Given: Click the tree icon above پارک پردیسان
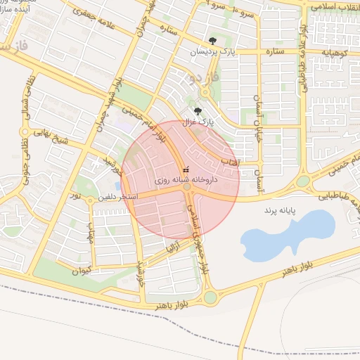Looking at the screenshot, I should point(213,41).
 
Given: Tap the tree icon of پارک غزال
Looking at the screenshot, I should point(198,110).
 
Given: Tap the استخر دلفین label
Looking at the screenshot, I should point(121,197).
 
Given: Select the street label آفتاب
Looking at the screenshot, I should point(230,162).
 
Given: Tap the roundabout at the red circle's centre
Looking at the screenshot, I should point(187,187).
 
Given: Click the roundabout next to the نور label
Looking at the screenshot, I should point(90,200).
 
